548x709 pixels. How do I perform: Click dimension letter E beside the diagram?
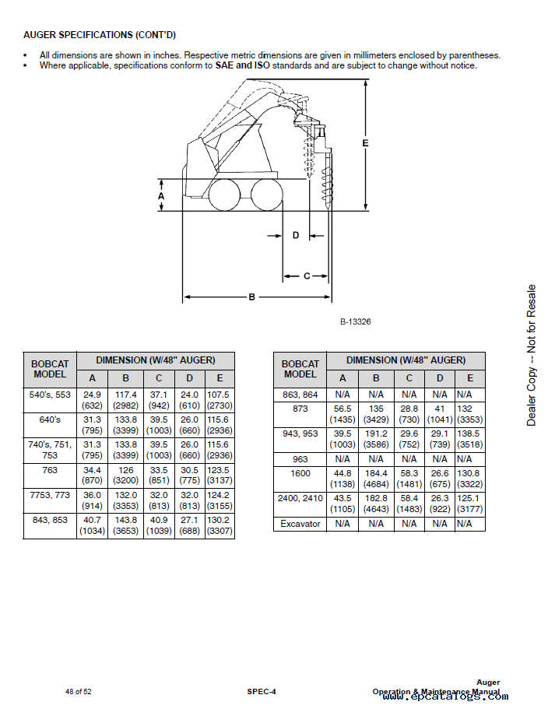365,143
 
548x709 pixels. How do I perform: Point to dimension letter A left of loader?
161,197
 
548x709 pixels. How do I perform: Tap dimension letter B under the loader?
251,297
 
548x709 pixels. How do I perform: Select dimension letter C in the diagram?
306,276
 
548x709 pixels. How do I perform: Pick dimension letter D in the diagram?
296,235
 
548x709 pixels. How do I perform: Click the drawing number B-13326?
355,321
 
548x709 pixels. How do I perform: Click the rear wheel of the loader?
226,194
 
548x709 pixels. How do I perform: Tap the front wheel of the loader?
266,194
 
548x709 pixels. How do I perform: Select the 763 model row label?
50,470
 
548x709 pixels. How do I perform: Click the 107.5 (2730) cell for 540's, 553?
219,400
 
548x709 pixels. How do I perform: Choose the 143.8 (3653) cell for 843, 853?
125,525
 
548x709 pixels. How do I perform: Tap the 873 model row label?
300,409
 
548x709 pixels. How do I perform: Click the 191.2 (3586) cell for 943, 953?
376,438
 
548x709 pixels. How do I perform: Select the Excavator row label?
300,524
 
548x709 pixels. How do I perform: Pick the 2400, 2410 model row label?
300,498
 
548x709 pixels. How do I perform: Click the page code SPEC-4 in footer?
262,691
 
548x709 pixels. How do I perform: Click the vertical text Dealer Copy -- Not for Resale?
532,355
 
